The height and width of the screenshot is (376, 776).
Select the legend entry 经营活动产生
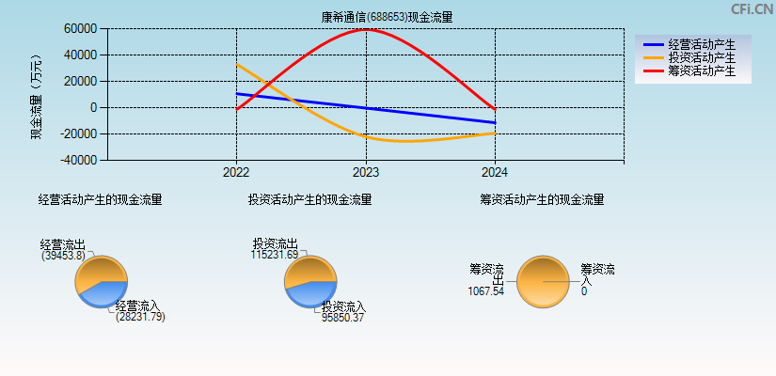(702, 44)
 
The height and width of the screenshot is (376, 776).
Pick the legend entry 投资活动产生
(702, 57)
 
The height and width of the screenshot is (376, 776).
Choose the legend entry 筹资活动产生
(702, 70)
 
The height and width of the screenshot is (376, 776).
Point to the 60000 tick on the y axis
(81, 28)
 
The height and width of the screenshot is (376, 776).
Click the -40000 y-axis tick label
(79, 160)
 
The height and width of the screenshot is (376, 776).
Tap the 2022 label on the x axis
(236, 173)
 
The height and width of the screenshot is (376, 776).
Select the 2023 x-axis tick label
(365, 173)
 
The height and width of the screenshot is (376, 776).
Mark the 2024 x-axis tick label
(495, 173)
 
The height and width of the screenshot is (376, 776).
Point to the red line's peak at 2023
(366, 29)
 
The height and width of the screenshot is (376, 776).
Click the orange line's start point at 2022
(237, 65)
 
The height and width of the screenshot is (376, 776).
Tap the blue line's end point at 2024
(495, 122)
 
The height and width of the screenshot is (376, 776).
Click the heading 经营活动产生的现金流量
(100, 199)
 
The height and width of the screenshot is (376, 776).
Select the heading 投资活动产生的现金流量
(309, 199)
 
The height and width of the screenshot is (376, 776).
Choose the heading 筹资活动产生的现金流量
(542, 199)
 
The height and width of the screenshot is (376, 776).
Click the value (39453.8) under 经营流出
(63, 256)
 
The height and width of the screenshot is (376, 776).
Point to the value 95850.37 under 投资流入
(342, 318)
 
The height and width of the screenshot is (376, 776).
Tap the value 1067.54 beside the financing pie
(486, 291)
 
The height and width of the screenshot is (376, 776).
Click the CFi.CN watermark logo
(752, 9)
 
